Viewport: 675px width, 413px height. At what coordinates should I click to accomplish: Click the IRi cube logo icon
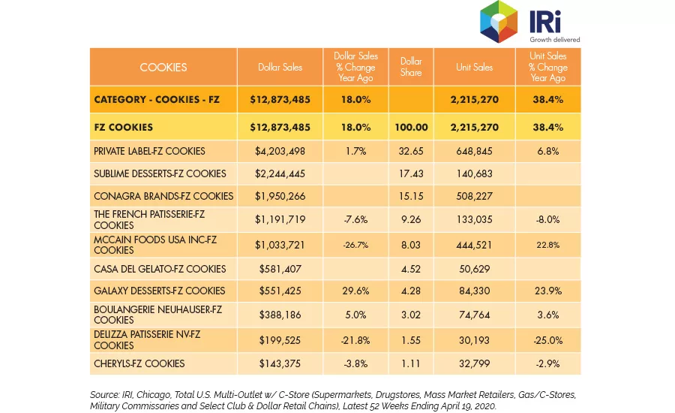499,22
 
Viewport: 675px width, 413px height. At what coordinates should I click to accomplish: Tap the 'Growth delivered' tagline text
554,40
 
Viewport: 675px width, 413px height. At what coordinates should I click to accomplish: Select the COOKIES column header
163,68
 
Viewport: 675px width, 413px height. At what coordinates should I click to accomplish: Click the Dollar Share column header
411,67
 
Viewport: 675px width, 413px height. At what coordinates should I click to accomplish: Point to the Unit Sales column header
474,68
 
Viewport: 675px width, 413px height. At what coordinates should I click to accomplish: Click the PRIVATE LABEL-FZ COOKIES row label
149,152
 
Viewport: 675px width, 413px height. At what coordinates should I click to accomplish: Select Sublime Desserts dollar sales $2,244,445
280,173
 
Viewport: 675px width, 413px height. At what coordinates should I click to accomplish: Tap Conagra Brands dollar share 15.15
411,196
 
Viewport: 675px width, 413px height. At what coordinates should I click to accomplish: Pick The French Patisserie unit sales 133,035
474,219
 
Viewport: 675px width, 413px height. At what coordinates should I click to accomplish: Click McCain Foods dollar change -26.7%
355,245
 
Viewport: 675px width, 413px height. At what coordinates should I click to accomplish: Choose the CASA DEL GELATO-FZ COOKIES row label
160,269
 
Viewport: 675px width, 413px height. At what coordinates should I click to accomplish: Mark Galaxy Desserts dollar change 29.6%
355,291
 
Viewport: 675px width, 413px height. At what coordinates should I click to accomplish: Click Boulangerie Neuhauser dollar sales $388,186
280,315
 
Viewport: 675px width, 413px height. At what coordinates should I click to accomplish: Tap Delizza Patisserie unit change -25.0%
547,341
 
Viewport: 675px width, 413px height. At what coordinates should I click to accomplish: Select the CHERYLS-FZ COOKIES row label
139,364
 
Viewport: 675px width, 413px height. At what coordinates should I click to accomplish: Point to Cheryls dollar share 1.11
411,364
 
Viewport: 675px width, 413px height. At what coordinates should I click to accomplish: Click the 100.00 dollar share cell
411,127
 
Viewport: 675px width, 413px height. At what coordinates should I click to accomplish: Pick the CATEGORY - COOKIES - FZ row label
157,100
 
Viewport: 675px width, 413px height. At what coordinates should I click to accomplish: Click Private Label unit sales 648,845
474,152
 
